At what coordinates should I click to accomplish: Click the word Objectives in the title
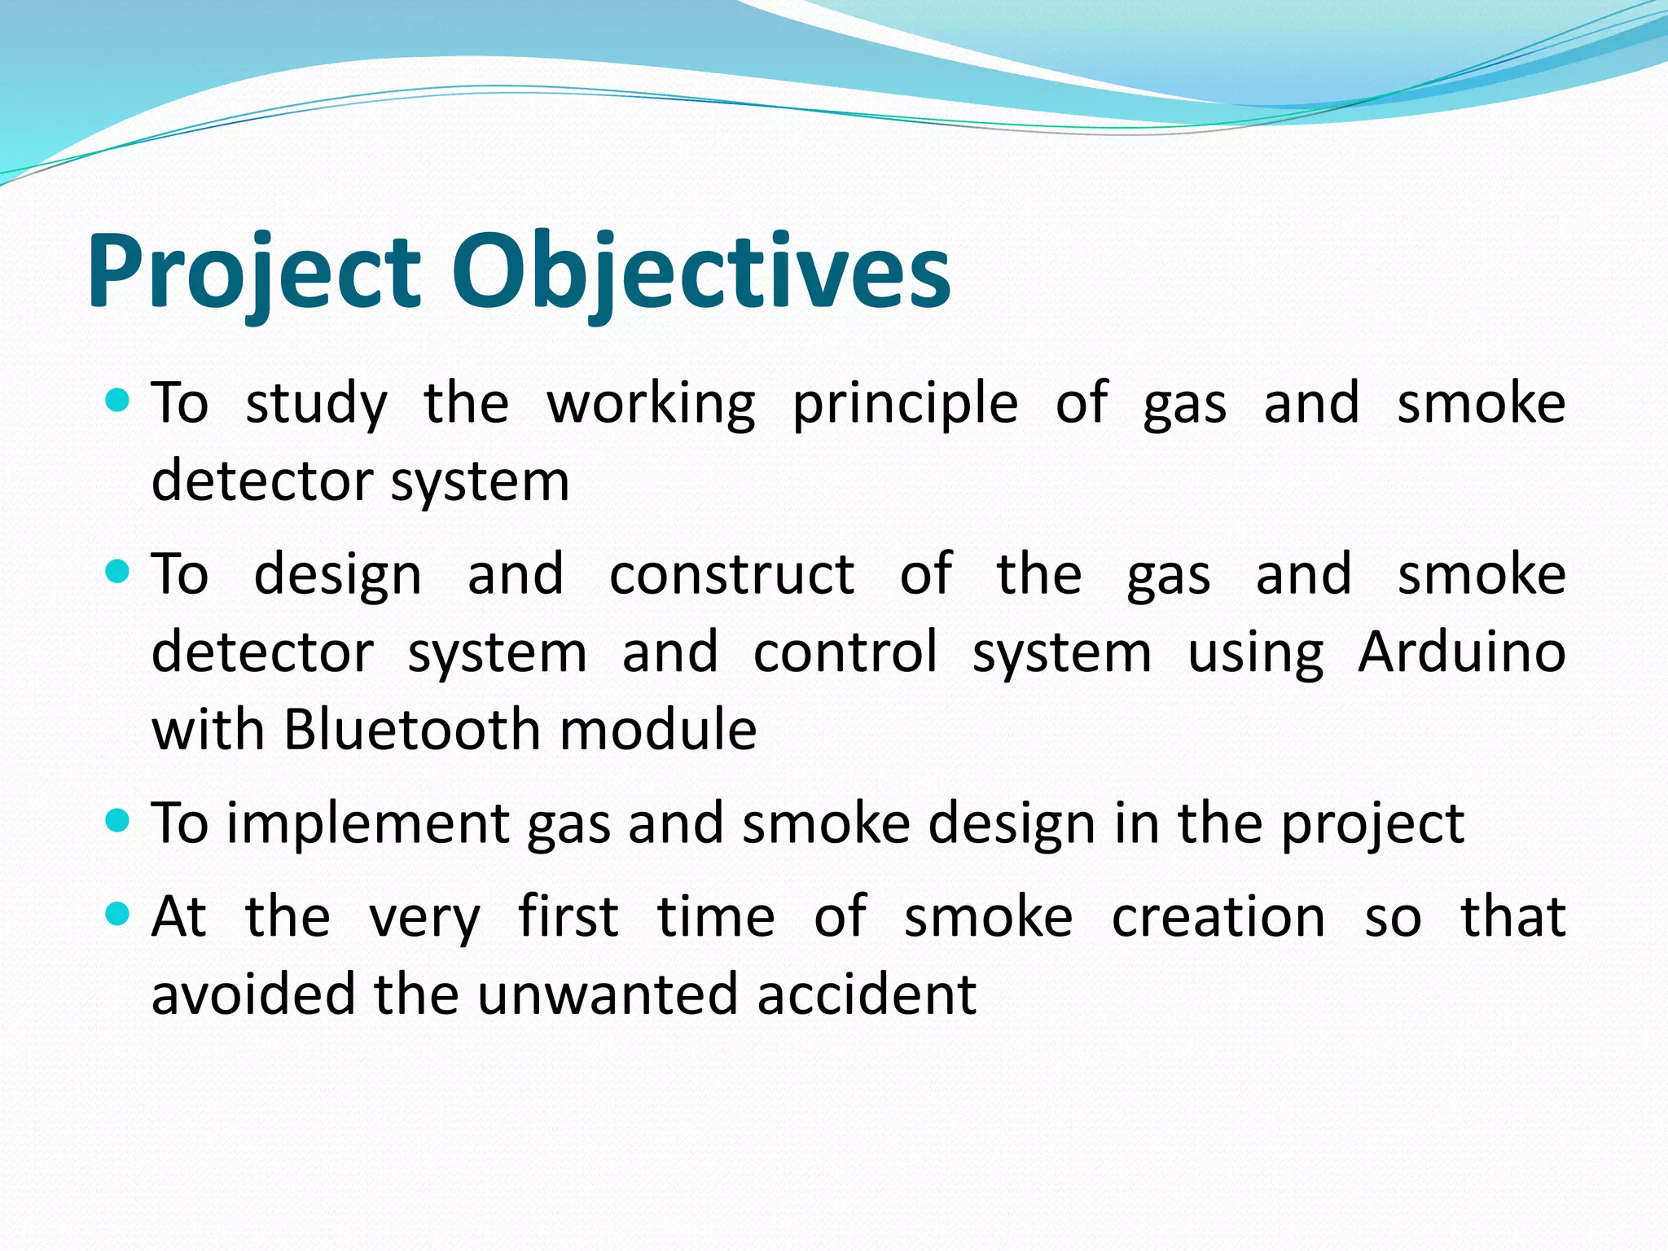pos(700,273)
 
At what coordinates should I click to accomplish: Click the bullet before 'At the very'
pos(118,915)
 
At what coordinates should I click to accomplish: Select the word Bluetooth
pos(412,729)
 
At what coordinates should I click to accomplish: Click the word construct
pos(731,575)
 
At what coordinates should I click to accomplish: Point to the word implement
pos(367,824)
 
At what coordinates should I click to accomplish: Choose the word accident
pos(866,994)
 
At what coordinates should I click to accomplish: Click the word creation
pos(1218,918)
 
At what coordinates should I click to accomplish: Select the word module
pos(658,729)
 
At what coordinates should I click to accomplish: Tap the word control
pos(845,653)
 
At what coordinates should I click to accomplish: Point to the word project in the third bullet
pos(1372,824)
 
